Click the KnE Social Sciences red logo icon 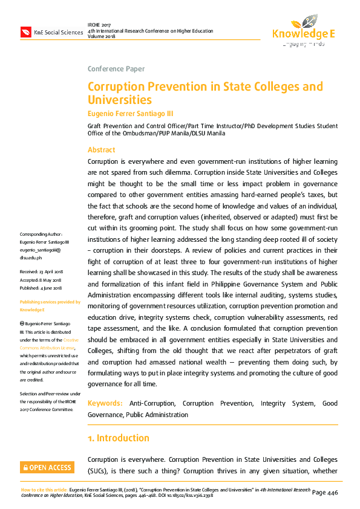tap(25, 32)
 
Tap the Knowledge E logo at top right tap(303, 30)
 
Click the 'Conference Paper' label tap(116, 69)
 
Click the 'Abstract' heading tap(101, 149)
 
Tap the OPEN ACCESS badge tap(47, 467)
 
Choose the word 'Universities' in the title tap(119, 100)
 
